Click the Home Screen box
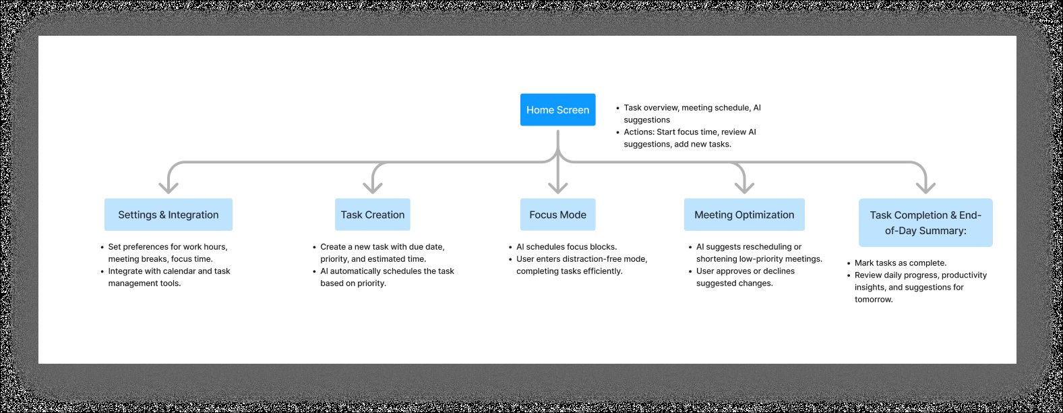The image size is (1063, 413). point(557,110)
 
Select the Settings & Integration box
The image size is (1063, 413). point(169,215)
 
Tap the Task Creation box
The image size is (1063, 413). point(373,215)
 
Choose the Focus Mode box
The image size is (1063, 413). point(557,215)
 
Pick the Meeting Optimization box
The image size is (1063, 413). point(744,215)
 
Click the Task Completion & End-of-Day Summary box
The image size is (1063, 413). point(925,223)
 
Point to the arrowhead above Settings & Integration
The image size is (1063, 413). point(169,187)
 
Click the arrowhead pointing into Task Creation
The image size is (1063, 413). point(373,187)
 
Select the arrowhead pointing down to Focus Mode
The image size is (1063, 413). point(557,187)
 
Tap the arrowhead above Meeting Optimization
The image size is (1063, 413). point(744,187)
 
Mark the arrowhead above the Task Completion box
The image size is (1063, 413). point(925,187)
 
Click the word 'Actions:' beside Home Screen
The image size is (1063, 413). point(639,132)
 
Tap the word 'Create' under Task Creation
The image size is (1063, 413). point(333,247)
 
